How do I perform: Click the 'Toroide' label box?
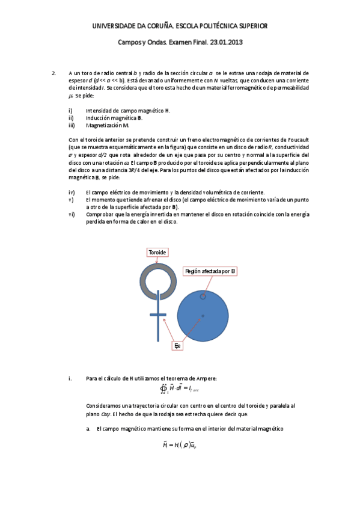[157, 253]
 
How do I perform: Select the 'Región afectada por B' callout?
[210, 272]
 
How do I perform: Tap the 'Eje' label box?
[177, 346]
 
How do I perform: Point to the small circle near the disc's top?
[203, 296]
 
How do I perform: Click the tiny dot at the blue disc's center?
[203, 316]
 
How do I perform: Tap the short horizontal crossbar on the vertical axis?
[158, 315]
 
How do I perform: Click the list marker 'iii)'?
[72, 125]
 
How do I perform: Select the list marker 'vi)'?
[72, 214]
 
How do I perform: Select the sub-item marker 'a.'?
[88, 428]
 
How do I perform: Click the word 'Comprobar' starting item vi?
[100, 214]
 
